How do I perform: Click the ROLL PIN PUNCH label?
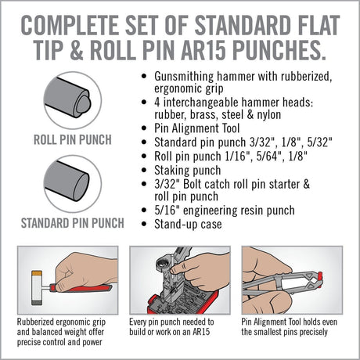73,141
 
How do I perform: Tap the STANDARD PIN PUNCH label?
73,222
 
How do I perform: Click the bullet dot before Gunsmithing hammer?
139,78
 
